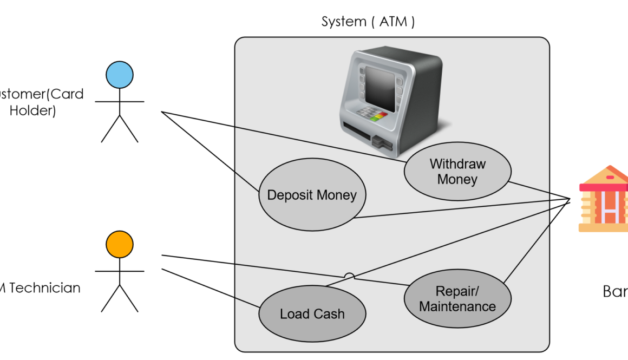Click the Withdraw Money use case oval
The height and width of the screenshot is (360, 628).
(x=457, y=172)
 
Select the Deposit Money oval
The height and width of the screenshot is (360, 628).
(x=312, y=195)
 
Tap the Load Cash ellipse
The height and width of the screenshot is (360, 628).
(x=312, y=314)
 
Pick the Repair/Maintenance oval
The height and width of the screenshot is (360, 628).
(x=457, y=299)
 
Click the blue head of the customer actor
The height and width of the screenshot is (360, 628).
(x=120, y=74)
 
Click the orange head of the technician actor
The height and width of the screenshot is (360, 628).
(x=120, y=244)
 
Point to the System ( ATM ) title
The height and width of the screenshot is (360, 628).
(x=368, y=22)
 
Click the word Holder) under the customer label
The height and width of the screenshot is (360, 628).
(x=33, y=110)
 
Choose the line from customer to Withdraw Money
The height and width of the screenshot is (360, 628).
(x=282, y=135)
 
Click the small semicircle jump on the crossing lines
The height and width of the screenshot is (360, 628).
(x=349, y=276)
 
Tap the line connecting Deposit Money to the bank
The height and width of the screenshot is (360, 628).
(x=460, y=209)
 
